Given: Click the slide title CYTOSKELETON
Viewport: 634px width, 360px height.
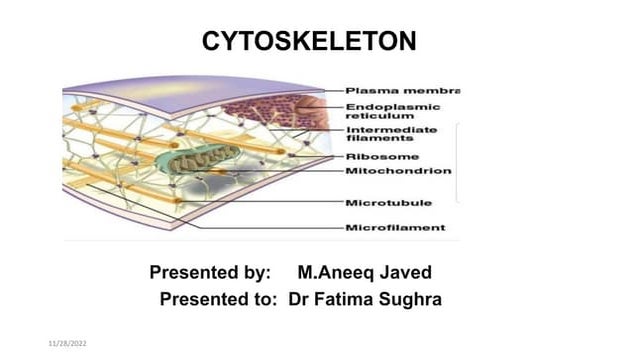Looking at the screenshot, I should [309, 41].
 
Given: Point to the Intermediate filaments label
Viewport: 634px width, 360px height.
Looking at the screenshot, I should [391, 134].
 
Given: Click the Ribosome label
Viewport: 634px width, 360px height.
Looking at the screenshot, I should [381, 156].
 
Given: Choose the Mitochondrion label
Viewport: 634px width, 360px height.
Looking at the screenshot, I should [397, 171].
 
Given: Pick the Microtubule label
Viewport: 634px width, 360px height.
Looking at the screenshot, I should [388, 203].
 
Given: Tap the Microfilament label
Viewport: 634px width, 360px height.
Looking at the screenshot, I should [395, 228].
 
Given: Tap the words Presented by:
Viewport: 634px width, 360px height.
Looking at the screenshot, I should [210, 272].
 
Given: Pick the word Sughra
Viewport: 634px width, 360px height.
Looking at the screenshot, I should [414, 298].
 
